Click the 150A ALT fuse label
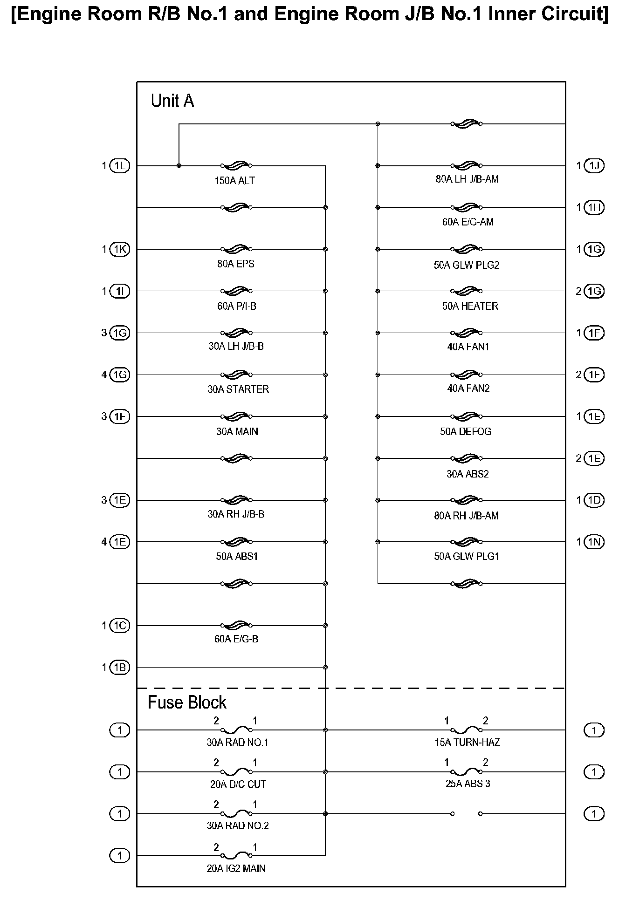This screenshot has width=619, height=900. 234,181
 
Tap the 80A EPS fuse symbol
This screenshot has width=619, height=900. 237,249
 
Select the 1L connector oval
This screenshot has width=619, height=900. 119,166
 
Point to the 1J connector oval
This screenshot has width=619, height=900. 594,166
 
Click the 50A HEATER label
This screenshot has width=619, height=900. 470,306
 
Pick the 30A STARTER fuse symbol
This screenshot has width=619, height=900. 237,375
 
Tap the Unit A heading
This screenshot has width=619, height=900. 172,101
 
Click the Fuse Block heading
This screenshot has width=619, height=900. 187,702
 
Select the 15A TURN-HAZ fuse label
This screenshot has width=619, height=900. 467,743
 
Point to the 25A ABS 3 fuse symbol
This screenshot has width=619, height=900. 467,772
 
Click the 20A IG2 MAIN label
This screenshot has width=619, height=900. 236,868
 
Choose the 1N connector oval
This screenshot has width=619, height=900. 594,542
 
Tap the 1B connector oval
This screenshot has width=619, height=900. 119,668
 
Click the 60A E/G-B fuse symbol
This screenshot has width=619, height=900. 237,625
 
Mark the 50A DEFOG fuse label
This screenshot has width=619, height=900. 466,431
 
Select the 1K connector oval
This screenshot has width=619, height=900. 119,249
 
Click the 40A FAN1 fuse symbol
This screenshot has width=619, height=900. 467,333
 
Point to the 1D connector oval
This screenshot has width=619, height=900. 594,500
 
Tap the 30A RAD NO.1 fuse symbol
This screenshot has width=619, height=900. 237,730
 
